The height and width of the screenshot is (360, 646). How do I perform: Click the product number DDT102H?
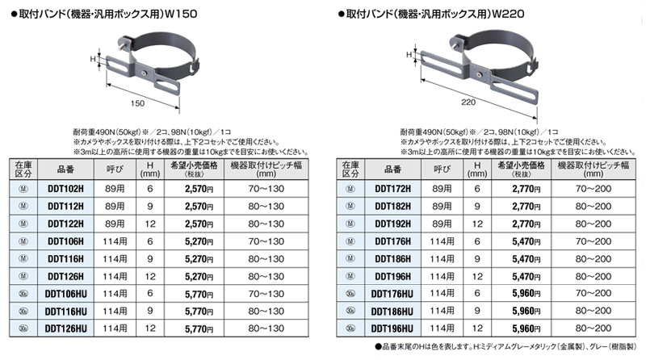pyautogui.click(x=65, y=189)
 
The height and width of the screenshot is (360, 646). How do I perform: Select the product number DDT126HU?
pyautogui.click(x=66, y=329)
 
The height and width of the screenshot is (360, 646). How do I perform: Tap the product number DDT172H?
pyautogui.click(x=392, y=189)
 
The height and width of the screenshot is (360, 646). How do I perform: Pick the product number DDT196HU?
pyautogui.click(x=392, y=329)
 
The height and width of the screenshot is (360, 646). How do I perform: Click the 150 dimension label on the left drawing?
pyautogui.click(x=137, y=103)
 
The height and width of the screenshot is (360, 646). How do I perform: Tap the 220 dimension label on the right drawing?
pyautogui.click(x=468, y=103)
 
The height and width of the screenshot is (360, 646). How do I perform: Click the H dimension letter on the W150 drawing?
pyautogui.click(x=93, y=59)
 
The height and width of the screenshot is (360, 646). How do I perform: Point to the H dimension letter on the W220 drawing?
pyautogui.click(x=409, y=54)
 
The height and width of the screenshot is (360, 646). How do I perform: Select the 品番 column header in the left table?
pyautogui.click(x=65, y=170)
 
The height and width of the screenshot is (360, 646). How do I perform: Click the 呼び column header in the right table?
pyautogui.click(x=442, y=170)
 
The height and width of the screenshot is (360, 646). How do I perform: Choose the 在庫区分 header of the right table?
pyautogui.click(x=350, y=170)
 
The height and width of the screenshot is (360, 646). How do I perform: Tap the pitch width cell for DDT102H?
pyautogui.click(x=266, y=189)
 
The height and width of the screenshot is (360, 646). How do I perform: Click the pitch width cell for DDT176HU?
pyautogui.click(x=594, y=293)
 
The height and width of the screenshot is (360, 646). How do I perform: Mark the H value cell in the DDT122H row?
pyautogui.click(x=150, y=224)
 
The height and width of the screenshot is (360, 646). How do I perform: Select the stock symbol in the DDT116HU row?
pyautogui.click(x=23, y=311)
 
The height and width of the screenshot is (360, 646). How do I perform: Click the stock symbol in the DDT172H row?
pyautogui.click(x=350, y=189)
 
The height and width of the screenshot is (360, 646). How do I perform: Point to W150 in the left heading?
pyautogui.click(x=181, y=14)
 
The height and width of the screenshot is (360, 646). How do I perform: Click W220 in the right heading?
pyautogui.click(x=509, y=14)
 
